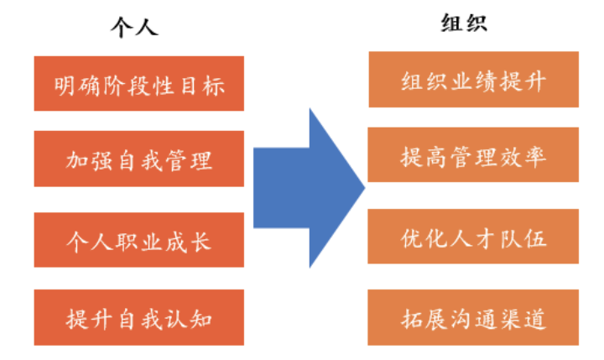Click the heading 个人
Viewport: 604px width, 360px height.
[x=134, y=27]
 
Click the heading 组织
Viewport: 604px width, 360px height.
[x=463, y=23]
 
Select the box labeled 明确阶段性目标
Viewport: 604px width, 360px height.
[x=139, y=84]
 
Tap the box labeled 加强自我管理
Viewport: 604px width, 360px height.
[x=139, y=159]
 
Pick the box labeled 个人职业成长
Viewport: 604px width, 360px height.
[x=139, y=241]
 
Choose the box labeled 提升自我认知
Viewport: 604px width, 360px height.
[x=139, y=318]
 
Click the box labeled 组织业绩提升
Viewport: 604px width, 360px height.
[x=474, y=81]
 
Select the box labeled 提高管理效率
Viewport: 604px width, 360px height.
[x=474, y=155]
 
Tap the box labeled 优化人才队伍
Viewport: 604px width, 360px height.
[x=474, y=237]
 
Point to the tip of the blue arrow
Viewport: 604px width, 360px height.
[x=362, y=187]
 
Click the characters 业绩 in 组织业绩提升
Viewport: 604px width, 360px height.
[x=474, y=81]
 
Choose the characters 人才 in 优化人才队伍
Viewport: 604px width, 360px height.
[x=474, y=238]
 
